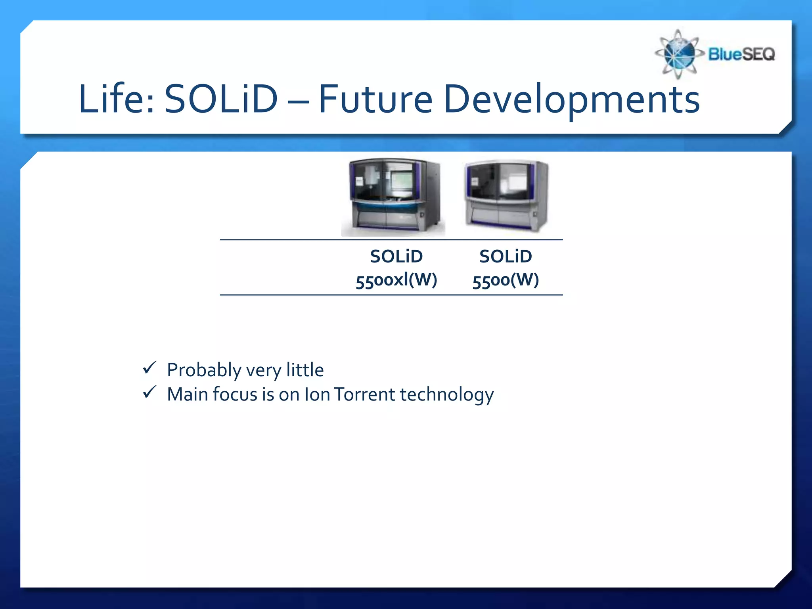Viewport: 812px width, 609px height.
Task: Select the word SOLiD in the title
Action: [221, 99]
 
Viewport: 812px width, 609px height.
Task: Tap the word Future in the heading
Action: [375, 99]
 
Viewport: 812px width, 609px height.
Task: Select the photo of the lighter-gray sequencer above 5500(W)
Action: [506, 195]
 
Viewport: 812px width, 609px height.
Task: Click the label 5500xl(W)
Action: [396, 280]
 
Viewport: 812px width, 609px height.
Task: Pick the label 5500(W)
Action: [506, 280]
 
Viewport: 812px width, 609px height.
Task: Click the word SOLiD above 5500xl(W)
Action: [396, 257]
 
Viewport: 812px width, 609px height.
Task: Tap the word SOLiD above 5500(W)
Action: [506, 257]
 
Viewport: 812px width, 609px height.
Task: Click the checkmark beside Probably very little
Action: [149, 368]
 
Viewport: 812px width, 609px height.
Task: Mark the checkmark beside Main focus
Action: [149, 392]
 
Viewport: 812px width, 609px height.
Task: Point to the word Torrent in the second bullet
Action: [364, 395]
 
